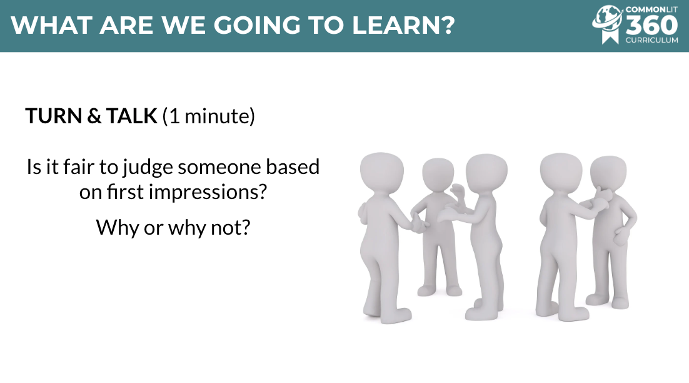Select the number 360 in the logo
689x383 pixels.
(x=651, y=26)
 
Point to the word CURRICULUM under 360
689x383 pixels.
(x=651, y=40)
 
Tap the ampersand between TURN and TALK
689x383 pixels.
(x=94, y=116)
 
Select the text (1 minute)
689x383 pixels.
(x=209, y=116)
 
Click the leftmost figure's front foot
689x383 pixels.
(x=398, y=315)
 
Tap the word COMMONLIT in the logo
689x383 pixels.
(x=651, y=9)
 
